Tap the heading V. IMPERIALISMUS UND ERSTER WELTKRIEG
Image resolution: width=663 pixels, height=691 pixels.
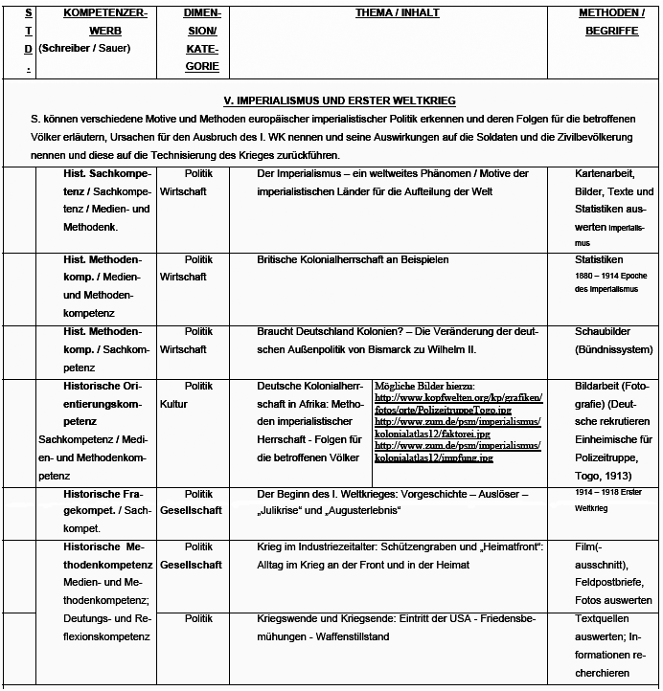[332, 100]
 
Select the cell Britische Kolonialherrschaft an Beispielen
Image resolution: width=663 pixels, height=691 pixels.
[353, 259]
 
